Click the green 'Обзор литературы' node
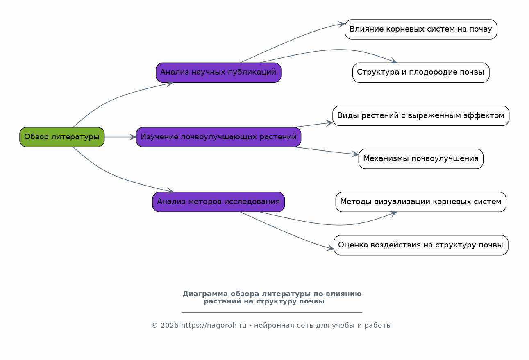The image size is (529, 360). point(62,137)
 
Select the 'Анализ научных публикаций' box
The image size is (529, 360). point(218,72)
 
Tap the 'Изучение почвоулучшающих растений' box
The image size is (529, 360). point(218,137)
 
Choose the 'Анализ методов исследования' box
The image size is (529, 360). point(218,202)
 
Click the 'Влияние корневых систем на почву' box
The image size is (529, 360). point(421,29)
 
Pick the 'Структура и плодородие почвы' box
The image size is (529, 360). point(421,72)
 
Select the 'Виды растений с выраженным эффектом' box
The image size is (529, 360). point(421,115)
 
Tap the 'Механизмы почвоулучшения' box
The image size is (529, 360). point(421,158)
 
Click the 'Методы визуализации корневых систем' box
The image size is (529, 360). point(421,202)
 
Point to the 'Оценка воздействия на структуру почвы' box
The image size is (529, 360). point(421,245)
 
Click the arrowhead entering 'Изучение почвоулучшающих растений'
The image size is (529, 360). point(133,137)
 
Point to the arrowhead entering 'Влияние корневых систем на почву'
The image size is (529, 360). point(341,24)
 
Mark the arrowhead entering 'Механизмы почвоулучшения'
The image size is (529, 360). point(355,154)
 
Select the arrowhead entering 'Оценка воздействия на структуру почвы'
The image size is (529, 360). point(330,248)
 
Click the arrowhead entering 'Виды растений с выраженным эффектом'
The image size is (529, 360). point(329,123)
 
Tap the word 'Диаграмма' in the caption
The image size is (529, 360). point(205,294)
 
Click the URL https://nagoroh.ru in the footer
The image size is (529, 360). point(214,325)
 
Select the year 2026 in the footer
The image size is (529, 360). point(170,325)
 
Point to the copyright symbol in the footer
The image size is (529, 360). point(154,326)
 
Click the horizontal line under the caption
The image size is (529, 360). point(272,312)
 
